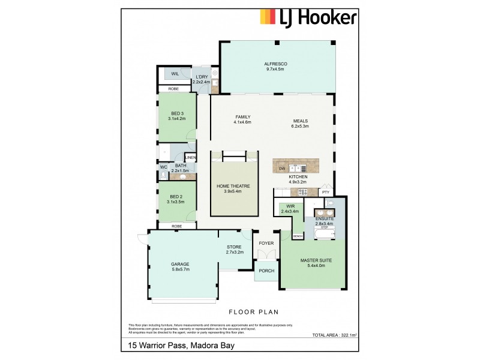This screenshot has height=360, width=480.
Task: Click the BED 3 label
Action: click(x=177, y=113)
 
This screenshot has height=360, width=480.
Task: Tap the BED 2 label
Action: click(x=176, y=196)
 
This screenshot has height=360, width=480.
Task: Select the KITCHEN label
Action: click(x=298, y=178)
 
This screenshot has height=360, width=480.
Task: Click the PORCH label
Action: click(x=266, y=271)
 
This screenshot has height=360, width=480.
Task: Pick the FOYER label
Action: click(x=266, y=243)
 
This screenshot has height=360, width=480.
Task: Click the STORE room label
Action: click(x=233, y=247)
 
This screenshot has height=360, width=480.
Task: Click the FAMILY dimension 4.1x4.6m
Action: click(x=242, y=122)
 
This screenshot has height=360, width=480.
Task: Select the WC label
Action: click(x=163, y=167)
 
